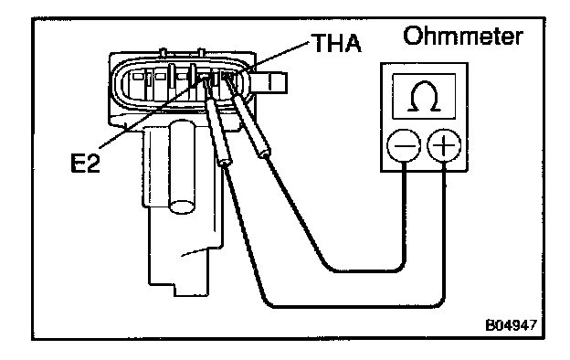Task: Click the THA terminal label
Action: (337, 43)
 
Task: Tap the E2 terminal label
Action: (85, 163)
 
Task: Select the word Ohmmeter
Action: (463, 36)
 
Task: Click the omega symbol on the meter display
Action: (424, 96)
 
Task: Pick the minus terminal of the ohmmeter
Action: (404, 145)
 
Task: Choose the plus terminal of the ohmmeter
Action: (444, 145)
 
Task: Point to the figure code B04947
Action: (511, 324)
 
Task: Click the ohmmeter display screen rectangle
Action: (424, 96)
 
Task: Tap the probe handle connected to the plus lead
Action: (218, 132)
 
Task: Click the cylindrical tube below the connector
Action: (183, 167)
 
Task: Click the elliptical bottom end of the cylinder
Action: (182, 206)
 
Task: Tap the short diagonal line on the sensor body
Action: (195, 252)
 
